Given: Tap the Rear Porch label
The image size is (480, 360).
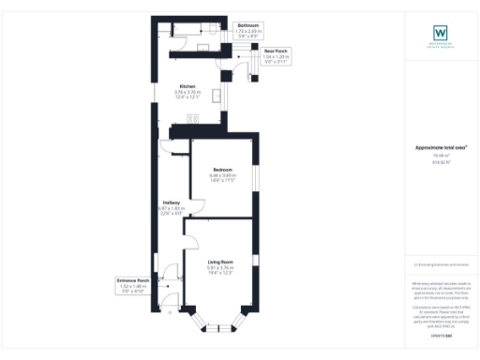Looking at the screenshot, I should tap(248, 52).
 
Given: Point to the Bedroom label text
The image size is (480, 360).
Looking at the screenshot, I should tap(221, 170).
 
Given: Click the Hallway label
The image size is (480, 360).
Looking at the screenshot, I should tap(172, 202).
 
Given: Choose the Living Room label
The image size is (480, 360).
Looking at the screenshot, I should tap(219, 262).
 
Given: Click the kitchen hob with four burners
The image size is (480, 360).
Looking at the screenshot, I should tap(194, 119).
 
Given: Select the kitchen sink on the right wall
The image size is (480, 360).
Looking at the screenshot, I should tap(217, 96).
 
